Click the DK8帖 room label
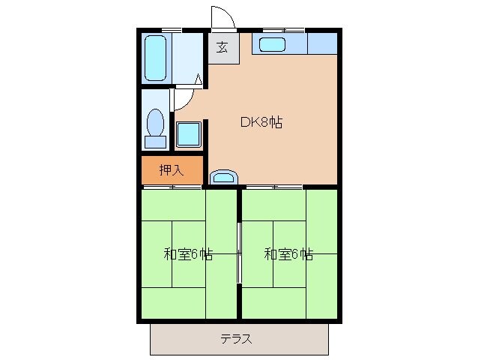pos(261,122)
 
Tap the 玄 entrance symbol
pos(223,48)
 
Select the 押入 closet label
pos(171,169)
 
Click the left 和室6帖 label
pos(188,253)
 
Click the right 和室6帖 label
pos(288,253)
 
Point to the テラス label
pos(236,338)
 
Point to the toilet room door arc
pos(186,99)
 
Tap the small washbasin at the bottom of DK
pos(223,177)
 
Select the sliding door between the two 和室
pos(238,253)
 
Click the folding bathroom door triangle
pos(199,78)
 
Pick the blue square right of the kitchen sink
pos(322,44)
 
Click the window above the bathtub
pos(172,29)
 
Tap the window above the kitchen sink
pos(283,29)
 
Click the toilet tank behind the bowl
pos(156,141)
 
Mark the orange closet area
pos(172,169)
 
